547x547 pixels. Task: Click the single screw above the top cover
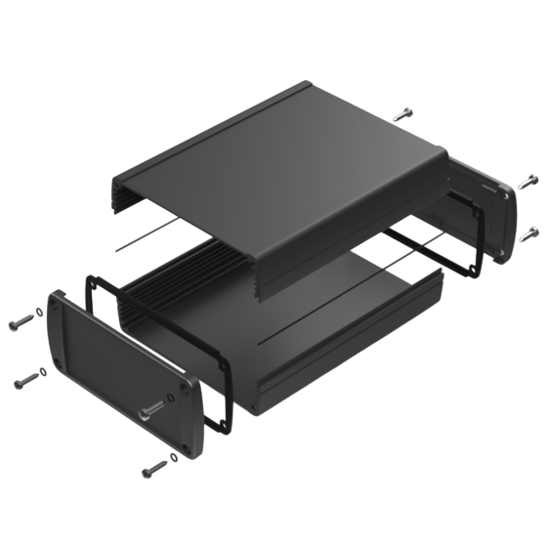[402, 114]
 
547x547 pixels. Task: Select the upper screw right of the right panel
[527, 180]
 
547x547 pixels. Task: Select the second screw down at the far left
[27, 377]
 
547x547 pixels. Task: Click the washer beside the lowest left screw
[174, 457]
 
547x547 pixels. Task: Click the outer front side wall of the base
[342, 361]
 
